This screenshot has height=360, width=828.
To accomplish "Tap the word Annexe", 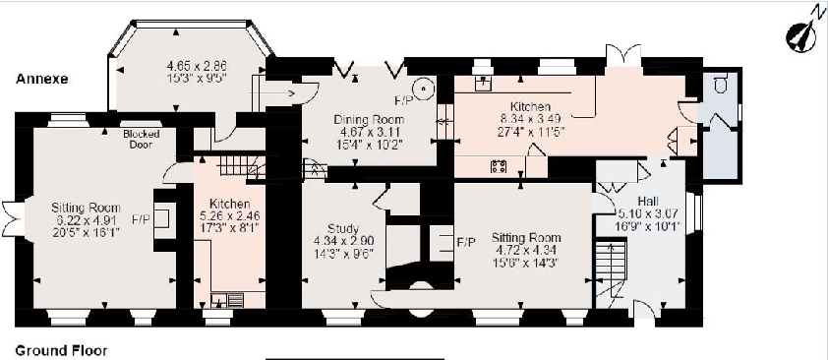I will tap(40, 80).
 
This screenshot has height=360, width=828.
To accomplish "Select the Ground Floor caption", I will tap(61, 350).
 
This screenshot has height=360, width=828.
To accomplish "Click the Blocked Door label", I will tap(142, 139).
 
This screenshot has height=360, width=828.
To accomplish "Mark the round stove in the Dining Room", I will tap(426, 87).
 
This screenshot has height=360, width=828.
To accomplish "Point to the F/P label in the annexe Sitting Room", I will tap(140, 219).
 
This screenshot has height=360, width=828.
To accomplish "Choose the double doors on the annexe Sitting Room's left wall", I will tap(11, 213).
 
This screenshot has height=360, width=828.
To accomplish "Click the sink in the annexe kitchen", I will tap(236, 297).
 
